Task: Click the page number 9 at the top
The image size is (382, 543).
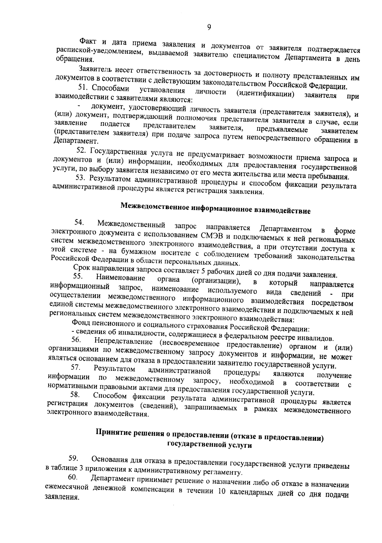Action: [x=209, y=27]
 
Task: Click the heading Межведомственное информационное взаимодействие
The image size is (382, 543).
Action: [x=215, y=208]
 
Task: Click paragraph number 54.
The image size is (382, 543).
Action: [x=79, y=222]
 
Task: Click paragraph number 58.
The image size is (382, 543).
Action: [x=74, y=395]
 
